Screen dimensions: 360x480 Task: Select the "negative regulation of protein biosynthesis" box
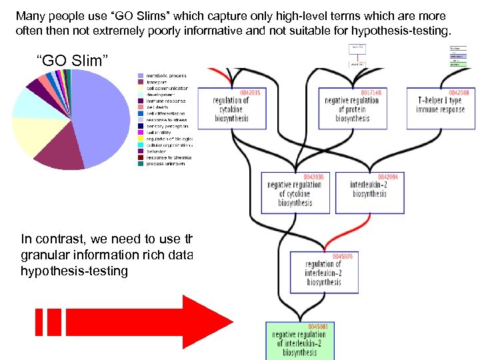point(352,109)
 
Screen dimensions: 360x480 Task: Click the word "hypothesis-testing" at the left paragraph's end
point(74,271)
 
